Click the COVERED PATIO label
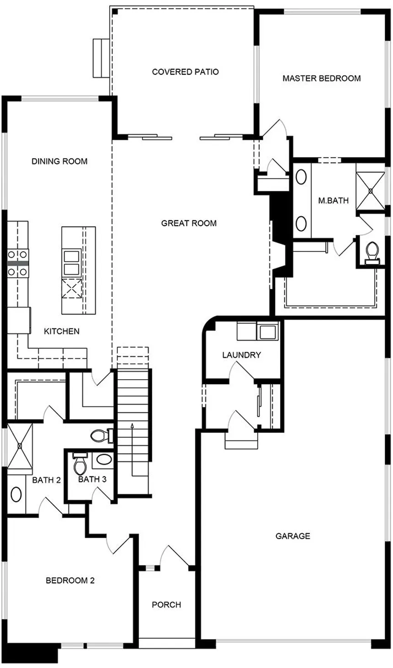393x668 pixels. click(x=185, y=72)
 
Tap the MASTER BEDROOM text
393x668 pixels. click(x=321, y=78)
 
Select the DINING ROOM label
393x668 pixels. click(x=59, y=161)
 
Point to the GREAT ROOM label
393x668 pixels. click(x=189, y=223)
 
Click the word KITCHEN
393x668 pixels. click(x=62, y=331)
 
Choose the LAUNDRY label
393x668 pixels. click(x=241, y=355)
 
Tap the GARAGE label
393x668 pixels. click(x=293, y=536)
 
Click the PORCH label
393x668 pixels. click(x=166, y=604)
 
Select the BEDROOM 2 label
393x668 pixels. click(x=70, y=581)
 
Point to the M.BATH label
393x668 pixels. click(x=334, y=200)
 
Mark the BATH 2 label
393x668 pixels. click(x=47, y=480)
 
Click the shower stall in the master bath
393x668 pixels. click(x=371, y=188)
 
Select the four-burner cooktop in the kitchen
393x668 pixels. click(x=18, y=263)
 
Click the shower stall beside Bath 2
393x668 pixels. click(x=20, y=445)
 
